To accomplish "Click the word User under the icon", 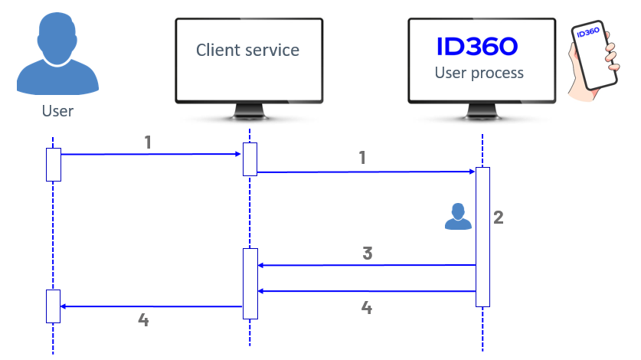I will pyautogui.click(x=57, y=112).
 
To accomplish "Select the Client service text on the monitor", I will pyautogui.click(x=247, y=51).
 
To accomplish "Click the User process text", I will pyautogui.click(x=479, y=74).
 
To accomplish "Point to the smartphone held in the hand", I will pyautogui.click(x=594, y=54).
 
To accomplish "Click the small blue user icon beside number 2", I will pyautogui.click(x=459, y=217).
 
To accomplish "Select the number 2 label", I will pyautogui.click(x=499, y=218).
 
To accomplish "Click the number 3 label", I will pyautogui.click(x=368, y=254).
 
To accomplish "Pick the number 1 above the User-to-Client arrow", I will pyautogui.click(x=149, y=142).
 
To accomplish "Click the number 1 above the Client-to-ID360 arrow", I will pyautogui.click(x=362, y=159).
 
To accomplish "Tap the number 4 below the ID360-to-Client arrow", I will pyautogui.click(x=367, y=308).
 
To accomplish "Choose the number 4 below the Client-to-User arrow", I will pyautogui.click(x=143, y=319).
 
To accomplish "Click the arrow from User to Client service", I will pyautogui.click(x=151, y=155).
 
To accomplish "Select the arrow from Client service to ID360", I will pyautogui.click(x=366, y=172).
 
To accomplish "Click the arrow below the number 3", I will pyautogui.click(x=367, y=266).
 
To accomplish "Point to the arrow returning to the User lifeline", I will pyautogui.click(x=151, y=306).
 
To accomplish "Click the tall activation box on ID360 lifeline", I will pyautogui.click(x=482, y=237).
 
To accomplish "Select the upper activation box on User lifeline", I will pyautogui.click(x=53, y=164).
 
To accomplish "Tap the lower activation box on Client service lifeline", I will pyautogui.click(x=250, y=283).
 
